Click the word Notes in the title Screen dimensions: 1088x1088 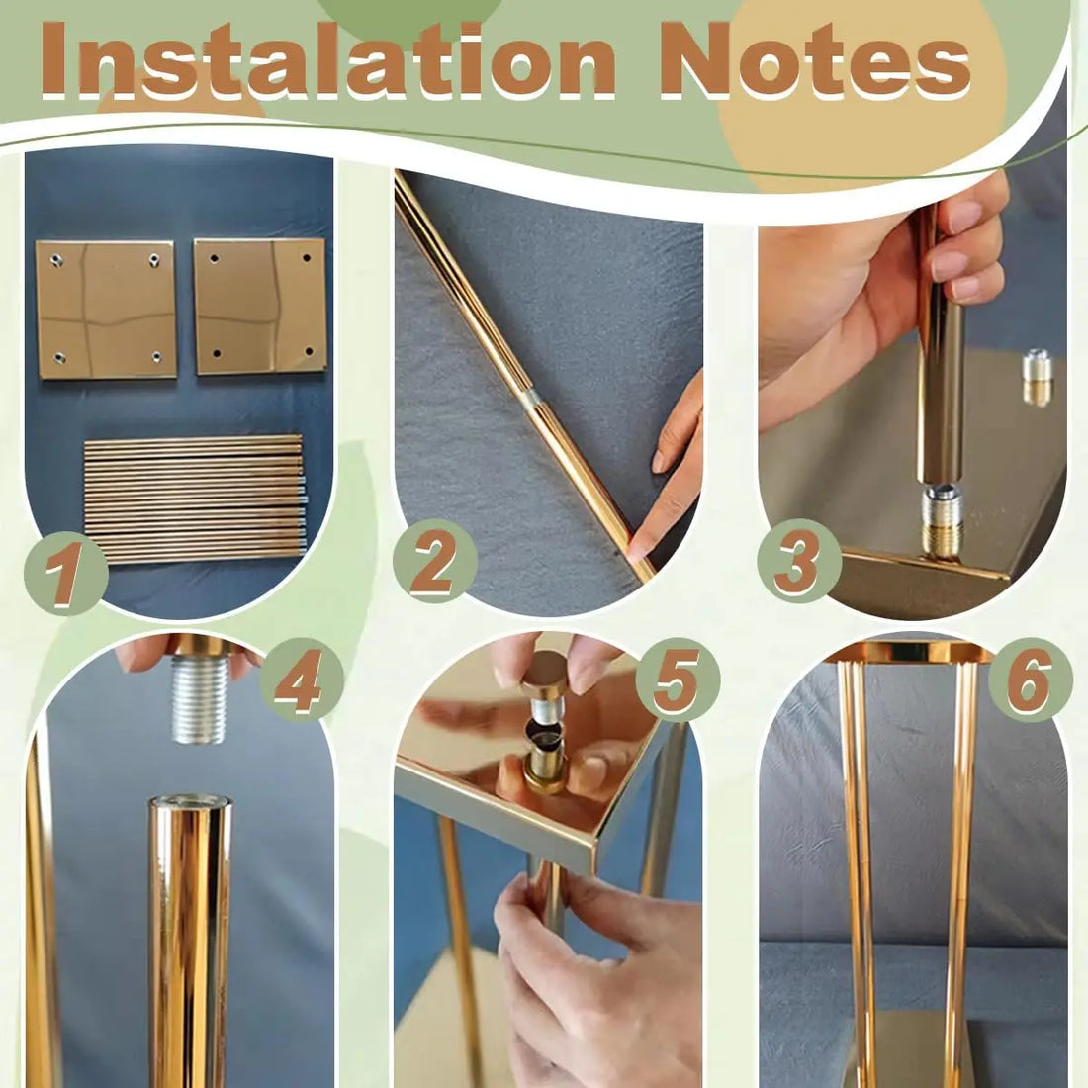[815, 59]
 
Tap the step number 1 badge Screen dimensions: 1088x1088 [65, 573]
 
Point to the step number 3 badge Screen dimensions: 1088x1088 [798, 561]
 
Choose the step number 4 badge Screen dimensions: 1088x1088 [302, 679]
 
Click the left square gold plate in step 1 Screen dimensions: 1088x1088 [106, 309]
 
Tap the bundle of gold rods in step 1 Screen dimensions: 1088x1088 [194, 499]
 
